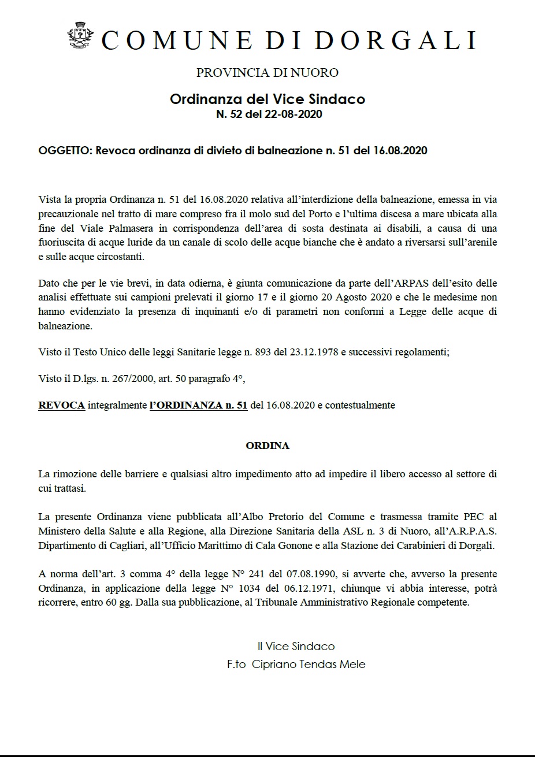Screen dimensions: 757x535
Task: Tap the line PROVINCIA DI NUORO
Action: point(267,73)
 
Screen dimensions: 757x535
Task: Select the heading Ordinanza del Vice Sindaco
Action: point(267,99)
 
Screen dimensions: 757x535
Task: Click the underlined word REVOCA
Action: point(61,406)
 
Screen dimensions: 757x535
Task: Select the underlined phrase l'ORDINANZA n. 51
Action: point(198,406)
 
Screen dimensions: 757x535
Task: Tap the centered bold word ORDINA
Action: point(267,446)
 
